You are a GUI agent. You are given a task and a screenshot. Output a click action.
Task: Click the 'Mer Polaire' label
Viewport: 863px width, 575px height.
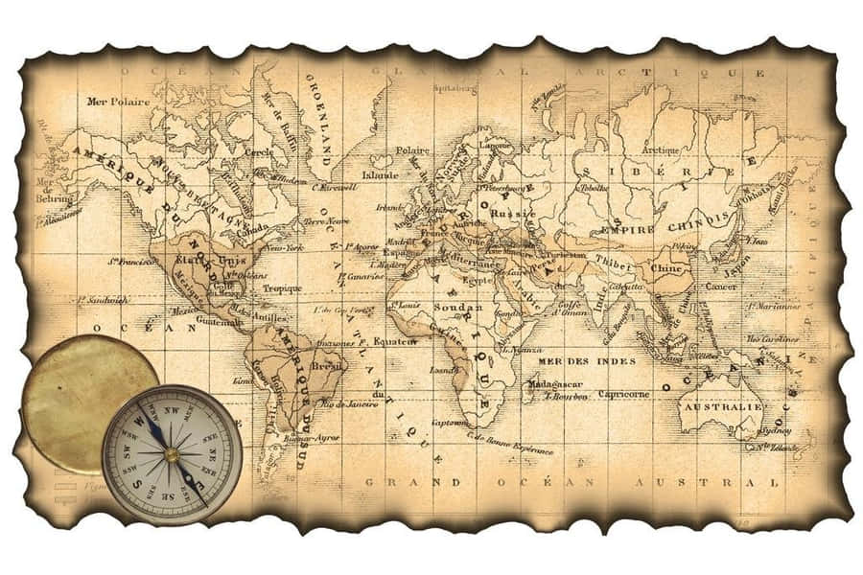tap(118, 101)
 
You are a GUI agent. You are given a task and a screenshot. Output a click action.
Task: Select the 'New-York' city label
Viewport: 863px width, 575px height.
tap(285, 248)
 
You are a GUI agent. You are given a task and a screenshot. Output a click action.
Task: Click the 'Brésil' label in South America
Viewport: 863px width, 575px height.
tap(328, 365)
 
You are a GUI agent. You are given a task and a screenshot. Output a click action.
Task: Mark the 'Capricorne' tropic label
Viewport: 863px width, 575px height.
tap(623, 394)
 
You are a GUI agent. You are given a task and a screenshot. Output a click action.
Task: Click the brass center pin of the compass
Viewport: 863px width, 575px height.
tap(171, 453)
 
